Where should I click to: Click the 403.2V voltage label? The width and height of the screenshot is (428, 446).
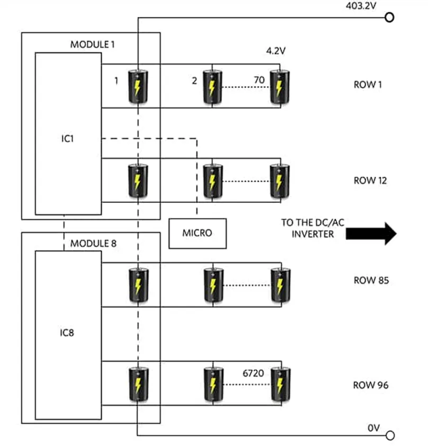pyautogui.click(x=361, y=6)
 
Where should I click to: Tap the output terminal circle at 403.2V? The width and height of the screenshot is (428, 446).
pyautogui.click(x=390, y=17)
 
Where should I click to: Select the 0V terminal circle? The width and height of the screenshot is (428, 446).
pyautogui.click(x=390, y=436)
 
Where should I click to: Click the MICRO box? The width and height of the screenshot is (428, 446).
pyautogui.click(x=198, y=233)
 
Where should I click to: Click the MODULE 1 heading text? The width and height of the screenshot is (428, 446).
pyautogui.click(x=93, y=44)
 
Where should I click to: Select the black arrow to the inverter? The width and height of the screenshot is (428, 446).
pyautogui.click(x=371, y=234)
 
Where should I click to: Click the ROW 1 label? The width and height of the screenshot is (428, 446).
pyautogui.click(x=368, y=84)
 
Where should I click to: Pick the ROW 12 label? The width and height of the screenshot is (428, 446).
pyautogui.click(x=370, y=181)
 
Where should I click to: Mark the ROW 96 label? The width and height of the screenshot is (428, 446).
pyautogui.click(x=371, y=385)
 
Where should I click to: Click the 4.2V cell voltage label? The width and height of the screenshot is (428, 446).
pyautogui.click(x=276, y=52)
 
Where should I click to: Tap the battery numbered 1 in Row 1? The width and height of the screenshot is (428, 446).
pyautogui.click(x=138, y=86)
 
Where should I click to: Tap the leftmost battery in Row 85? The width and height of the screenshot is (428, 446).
pyautogui.click(x=138, y=286)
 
